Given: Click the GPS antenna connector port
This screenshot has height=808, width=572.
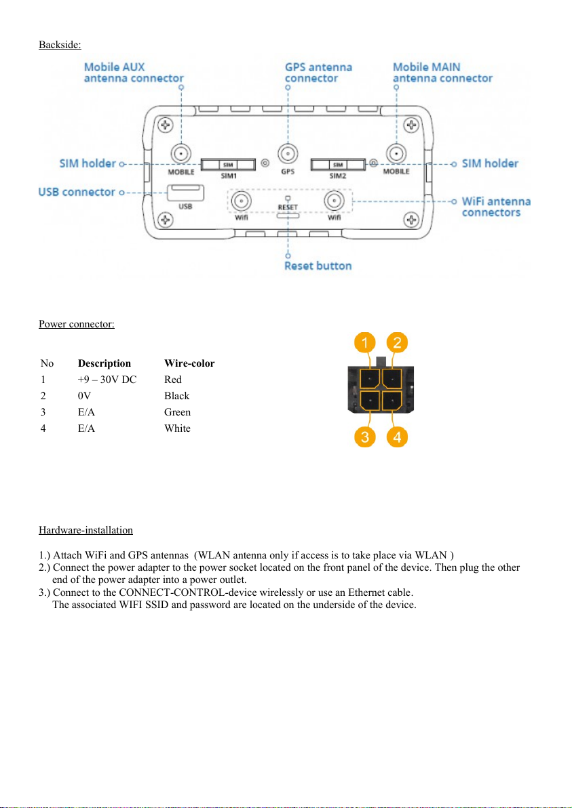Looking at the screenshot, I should [288, 154].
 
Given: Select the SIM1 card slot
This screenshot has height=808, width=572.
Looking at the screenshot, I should [227, 163].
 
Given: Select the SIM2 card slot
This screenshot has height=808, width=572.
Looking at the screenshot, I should [337, 163].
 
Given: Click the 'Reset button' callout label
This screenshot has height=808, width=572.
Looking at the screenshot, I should [318, 265].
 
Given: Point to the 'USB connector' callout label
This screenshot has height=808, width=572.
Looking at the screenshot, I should [77, 192].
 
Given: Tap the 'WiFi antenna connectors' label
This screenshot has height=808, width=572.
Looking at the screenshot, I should [496, 207].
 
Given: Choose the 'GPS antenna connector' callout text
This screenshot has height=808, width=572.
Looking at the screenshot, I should [318, 73].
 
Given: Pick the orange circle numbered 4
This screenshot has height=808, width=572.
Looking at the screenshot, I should [397, 437].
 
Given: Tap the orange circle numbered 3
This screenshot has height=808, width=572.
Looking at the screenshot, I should [364, 437].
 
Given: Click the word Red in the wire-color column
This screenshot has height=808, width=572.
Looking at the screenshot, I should [173, 380].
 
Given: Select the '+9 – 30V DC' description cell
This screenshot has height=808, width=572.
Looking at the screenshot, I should [107, 380].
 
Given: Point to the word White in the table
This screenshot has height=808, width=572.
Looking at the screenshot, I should [177, 428].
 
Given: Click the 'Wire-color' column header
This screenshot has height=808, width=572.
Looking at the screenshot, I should [189, 363].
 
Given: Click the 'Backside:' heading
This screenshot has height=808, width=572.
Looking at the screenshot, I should [60, 45].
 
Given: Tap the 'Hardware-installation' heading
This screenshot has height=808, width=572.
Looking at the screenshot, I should [85, 529].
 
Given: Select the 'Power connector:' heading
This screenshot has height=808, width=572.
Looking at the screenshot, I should [76, 323].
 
